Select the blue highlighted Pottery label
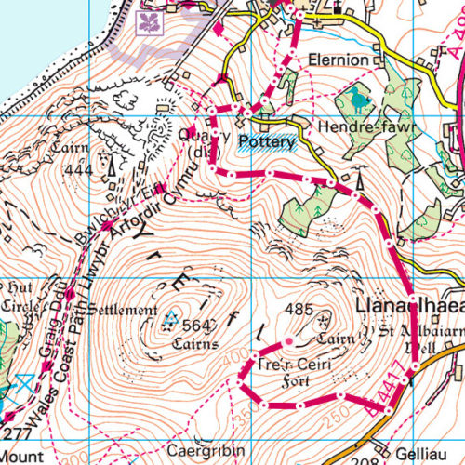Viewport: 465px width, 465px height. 267,142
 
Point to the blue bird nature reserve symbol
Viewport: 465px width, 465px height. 358,96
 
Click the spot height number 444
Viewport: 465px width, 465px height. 80,170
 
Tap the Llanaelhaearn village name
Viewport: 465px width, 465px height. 409,308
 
